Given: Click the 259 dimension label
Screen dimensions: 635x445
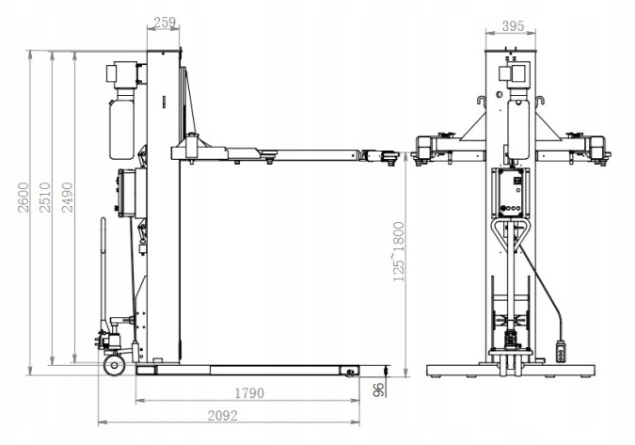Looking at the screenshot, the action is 164,23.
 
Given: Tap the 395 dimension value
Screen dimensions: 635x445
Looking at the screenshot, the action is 513,26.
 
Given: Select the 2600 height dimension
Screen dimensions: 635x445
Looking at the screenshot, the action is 24,198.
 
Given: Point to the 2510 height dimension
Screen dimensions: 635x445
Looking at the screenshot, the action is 44,198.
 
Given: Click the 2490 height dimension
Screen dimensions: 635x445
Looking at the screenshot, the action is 67,198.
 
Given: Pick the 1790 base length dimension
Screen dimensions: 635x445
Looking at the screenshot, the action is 249,392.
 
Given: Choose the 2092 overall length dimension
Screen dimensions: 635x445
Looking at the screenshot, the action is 222,416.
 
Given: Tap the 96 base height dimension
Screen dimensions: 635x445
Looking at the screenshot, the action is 377,390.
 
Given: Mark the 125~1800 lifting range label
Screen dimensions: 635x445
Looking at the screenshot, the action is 399,251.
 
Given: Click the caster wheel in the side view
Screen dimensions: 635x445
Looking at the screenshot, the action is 114,366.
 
